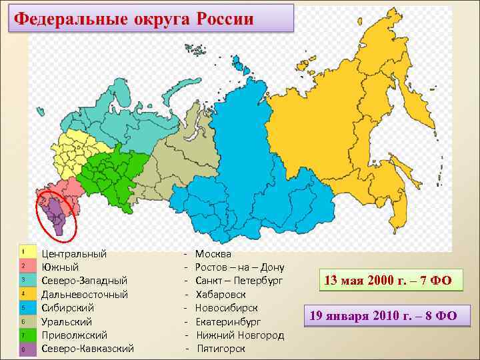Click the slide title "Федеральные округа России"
pyautogui.click(x=134, y=18)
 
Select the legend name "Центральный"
pyautogui.click(x=74, y=253)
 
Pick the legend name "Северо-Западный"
pyautogui.click(x=84, y=280)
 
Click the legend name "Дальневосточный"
pyautogui.click(x=84, y=294)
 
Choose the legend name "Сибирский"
pyautogui.click(x=67, y=307)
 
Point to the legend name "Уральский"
pyautogui.click(x=67, y=321)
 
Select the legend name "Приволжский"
pyautogui.click(x=74, y=335)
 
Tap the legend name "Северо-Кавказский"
pyautogui.click(x=87, y=348)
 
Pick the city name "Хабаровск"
pyautogui.click(x=221, y=294)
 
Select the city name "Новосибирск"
pyautogui.click(x=226, y=307)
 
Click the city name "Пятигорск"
pyautogui.click(x=221, y=348)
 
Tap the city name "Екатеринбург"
pyautogui.click(x=228, y=321)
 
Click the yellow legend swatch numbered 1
pyautogui.click(x=24, y=252)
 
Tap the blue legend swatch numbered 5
pyautogui.click(x=24, y=307)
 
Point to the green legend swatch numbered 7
pyautogui.click(x=24, y=335)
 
